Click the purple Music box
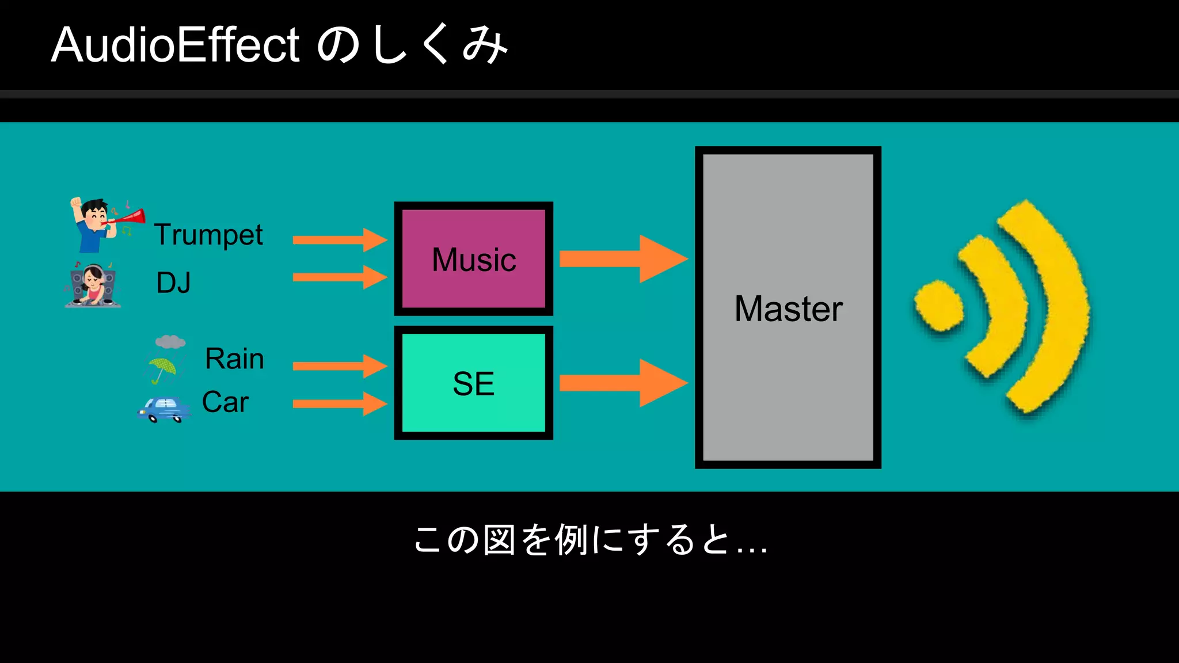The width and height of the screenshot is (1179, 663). [x=473, y=259]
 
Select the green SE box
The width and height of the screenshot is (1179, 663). [x=473, y=383]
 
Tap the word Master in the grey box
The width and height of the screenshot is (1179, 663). [x=788, y=309]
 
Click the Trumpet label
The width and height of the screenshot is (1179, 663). [x=208, y=235]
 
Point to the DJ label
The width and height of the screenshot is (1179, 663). [x=173, y=283]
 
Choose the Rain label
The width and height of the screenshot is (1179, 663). [x=234, y=359]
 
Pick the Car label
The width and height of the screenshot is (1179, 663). [x=225, y=402]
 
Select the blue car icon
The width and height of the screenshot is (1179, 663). [x=164, y=409]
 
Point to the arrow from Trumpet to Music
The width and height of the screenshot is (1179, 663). [x=340, y=239]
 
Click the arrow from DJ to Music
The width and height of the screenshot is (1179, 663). [x=340, y=277]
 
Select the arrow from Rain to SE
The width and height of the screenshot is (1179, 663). [x=340, y=366]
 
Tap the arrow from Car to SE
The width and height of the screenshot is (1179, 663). [x=340, y=403]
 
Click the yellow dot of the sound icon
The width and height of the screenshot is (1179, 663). [x=939, y=306]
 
